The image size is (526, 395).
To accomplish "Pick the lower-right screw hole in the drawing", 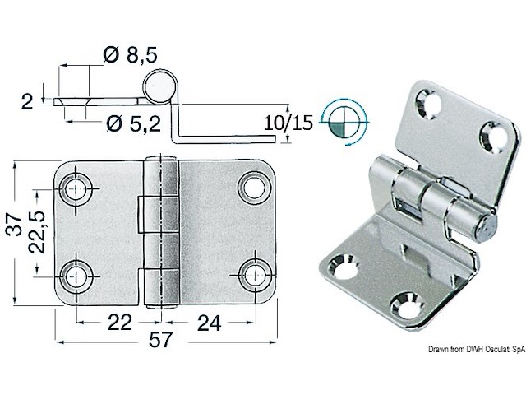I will pyautogui.click(x=252, y=273).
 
